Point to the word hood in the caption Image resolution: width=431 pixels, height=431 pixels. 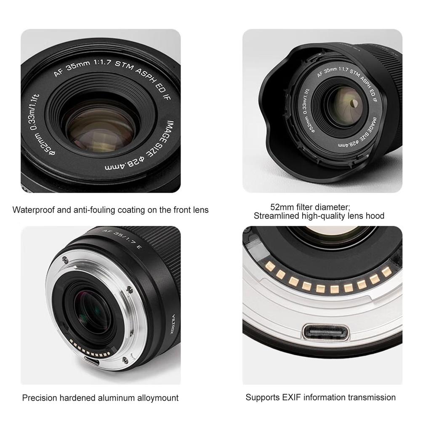point(375,216)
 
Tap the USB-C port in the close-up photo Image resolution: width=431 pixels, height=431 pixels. point(325,333)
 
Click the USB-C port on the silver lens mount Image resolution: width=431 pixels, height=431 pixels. point(91,362)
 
